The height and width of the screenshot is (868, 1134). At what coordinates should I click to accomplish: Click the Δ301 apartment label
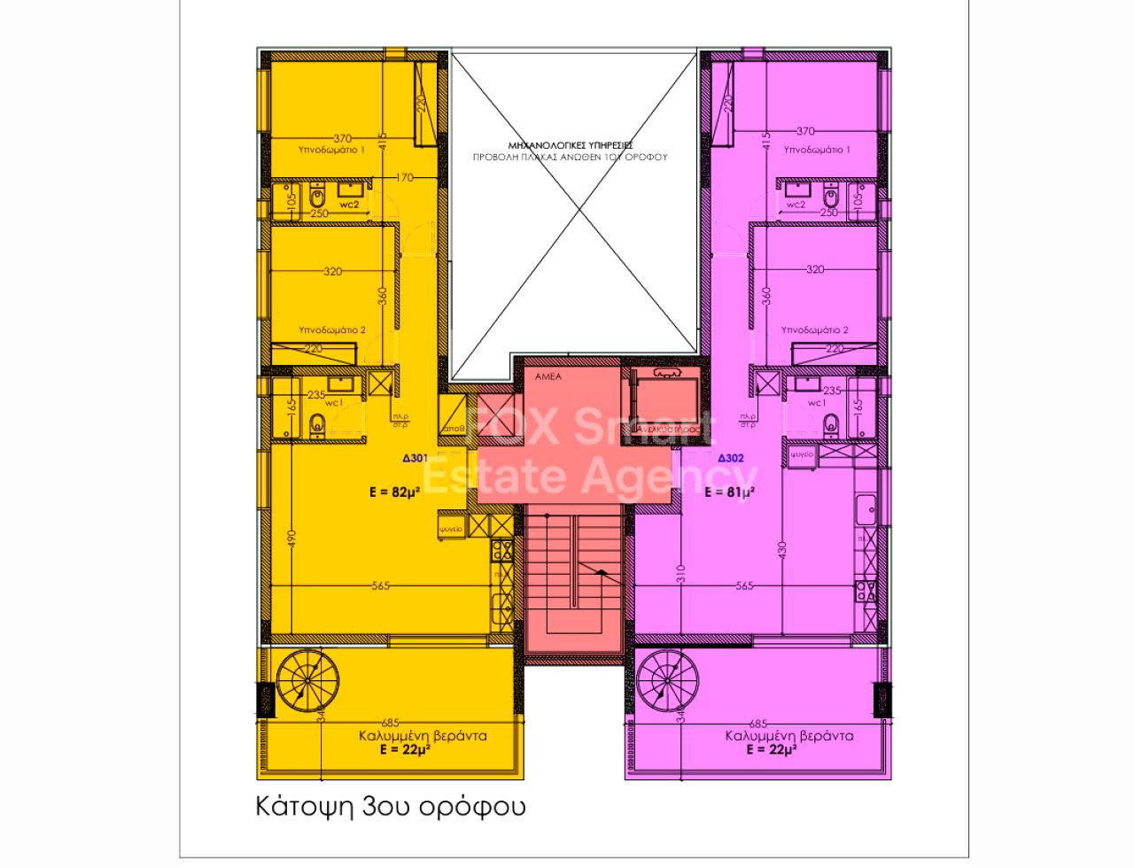point(416,459)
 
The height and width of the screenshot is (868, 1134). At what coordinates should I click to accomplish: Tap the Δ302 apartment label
point(730,459)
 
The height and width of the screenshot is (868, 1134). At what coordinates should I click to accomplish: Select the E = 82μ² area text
point(394,492)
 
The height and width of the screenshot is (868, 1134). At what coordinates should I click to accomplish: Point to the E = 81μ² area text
point(729,492)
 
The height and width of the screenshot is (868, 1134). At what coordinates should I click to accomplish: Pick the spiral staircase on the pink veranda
point(668,680)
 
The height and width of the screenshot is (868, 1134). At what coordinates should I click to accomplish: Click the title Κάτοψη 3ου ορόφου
point(391,807)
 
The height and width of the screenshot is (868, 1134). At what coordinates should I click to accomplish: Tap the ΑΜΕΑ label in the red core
point(548,377)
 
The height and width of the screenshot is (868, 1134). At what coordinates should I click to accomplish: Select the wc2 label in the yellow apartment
point(349,205)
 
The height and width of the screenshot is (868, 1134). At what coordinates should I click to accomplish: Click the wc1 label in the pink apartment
point(815,403)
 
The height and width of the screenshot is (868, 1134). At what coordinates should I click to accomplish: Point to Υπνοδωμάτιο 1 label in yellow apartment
point(331,151)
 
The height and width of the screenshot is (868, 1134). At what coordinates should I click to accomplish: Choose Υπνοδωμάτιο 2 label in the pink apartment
point(814,330)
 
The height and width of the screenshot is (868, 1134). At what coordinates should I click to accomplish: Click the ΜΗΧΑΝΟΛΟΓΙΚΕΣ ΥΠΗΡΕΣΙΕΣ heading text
point(570,144)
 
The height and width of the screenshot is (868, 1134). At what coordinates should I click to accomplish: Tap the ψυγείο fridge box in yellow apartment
point(450,529)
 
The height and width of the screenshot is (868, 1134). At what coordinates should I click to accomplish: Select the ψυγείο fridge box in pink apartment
point(802,455)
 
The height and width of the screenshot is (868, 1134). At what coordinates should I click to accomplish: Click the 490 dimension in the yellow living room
point(291,539)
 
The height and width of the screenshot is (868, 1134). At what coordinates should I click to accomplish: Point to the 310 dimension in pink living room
point(680,574)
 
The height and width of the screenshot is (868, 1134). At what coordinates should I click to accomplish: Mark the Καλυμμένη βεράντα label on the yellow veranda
point(423,736)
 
